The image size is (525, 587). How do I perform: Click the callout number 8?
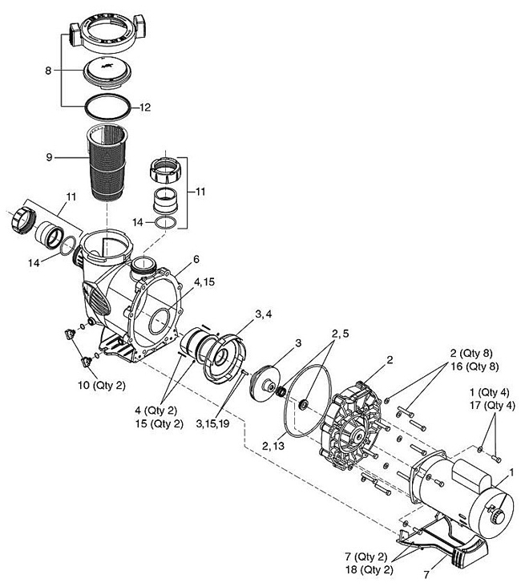coord(48,71)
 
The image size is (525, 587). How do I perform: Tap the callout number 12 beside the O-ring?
coord(145,107)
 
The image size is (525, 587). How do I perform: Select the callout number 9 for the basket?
coord(49,157)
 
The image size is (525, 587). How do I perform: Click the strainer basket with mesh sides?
coord(107,162)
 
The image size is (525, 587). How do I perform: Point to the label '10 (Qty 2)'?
coord(102,385)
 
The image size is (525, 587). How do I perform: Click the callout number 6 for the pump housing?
coord(196,259)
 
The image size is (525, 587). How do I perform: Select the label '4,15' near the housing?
coord(204,282)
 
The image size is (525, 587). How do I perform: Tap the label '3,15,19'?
coord(212,423)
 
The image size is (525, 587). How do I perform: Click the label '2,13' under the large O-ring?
coord(273,446)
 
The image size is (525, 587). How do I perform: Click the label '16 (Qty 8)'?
coord(475,366)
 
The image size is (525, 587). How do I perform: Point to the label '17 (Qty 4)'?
coord(492,405)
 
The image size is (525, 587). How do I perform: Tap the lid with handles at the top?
coord(107,34)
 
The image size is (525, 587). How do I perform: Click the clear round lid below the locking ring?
coord(107,74)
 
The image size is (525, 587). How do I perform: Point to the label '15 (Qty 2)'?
coord(160,423)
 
